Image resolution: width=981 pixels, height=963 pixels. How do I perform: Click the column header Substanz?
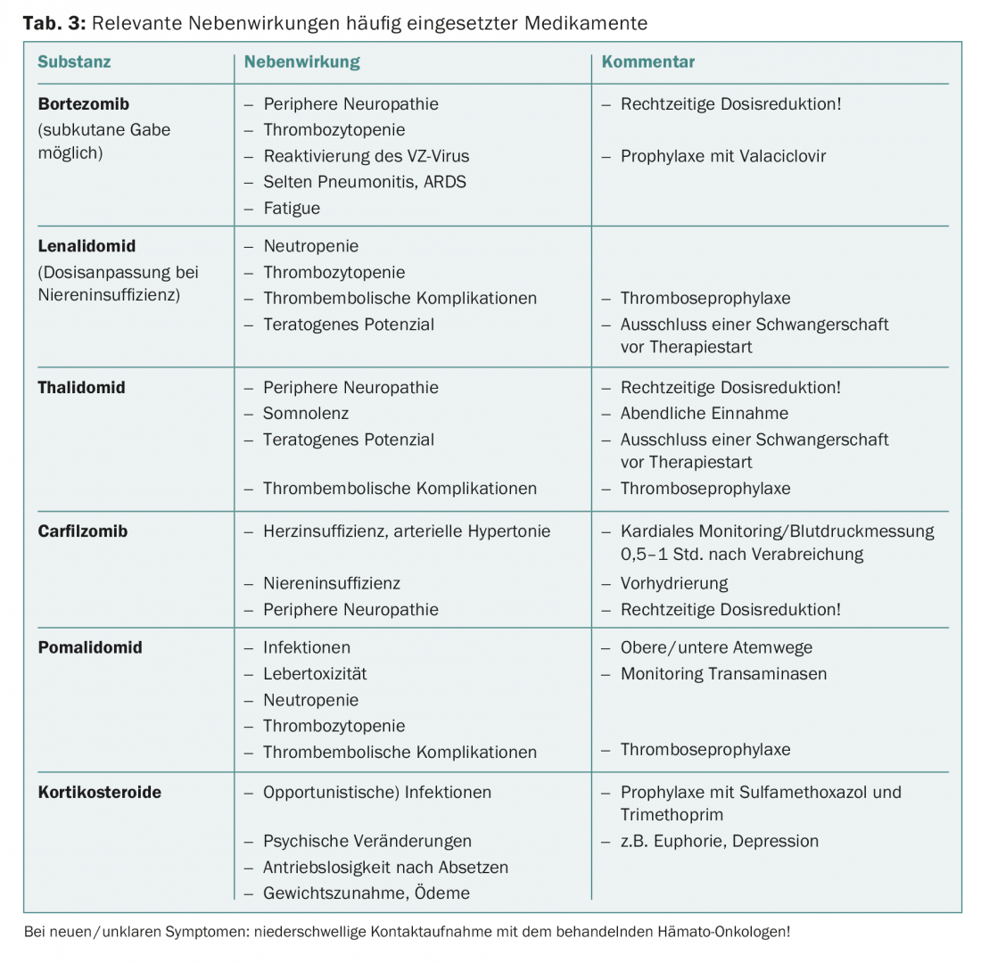coord(74,62)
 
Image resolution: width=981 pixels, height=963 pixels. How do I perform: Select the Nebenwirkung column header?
coord(301,62)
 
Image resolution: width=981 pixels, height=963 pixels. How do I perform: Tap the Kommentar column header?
coord(648,62)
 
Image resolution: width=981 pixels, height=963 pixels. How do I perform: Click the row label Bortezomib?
coord(84,104)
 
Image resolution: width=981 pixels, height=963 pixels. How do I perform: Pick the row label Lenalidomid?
coord(87,246)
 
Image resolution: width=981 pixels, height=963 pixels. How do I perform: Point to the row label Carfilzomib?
coord(83,531)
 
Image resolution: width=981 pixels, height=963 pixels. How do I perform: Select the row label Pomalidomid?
coord(90,647)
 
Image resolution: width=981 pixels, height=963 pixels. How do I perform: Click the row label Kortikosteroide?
coord(100,792)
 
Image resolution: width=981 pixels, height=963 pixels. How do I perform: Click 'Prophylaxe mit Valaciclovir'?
coord(722,156)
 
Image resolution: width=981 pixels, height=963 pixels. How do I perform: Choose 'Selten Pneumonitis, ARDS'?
coord(364,182)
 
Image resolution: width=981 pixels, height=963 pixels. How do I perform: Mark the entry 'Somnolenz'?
coord(305,414)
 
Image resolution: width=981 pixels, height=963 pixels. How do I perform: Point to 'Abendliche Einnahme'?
coord(704,414)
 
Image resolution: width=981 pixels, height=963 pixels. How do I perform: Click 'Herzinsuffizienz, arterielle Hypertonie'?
coord(407,531)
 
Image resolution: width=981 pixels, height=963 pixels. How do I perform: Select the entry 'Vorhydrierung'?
coord(673,583)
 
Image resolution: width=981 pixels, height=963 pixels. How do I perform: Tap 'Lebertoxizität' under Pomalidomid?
coord(314,674)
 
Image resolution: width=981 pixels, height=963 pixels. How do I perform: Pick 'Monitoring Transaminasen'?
coord(723,674)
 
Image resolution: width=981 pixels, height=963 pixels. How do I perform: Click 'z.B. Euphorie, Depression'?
coord(719,841)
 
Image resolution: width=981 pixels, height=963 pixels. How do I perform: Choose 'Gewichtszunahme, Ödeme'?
coord(366,893)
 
